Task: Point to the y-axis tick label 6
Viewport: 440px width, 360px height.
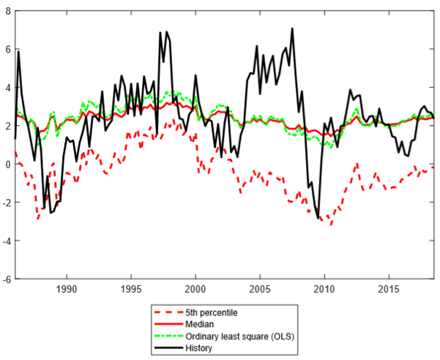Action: point(7,49)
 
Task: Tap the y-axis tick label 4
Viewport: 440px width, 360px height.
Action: point(7,87)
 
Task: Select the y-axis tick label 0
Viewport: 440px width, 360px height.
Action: point(7,164)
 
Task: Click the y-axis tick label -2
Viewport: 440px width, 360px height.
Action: point(6,202)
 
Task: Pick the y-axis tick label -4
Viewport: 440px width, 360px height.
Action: point(6,241)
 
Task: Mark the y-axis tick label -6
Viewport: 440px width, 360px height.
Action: point(6,279)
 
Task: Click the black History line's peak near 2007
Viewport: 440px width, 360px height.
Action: point(292,29)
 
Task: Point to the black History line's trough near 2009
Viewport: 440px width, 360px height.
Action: point(318,218)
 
